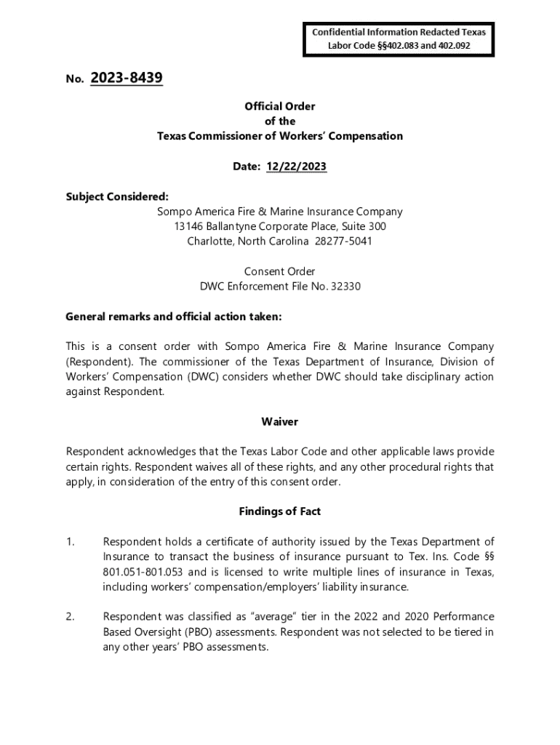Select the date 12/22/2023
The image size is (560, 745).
[x=296, y=167]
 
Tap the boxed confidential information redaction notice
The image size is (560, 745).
[x=399, y=39]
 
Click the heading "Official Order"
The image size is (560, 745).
[x=280, y=106]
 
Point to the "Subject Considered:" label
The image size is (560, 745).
[x=117, y=196]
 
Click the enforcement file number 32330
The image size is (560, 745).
[x=345, y=286]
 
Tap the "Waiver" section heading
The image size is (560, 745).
[x=280, y=422]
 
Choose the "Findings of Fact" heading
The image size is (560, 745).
[x=280, y=511]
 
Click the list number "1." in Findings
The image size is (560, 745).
[x=70, y=541]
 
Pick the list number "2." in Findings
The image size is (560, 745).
[x=70, y=616]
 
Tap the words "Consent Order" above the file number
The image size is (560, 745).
[x=280, y=271]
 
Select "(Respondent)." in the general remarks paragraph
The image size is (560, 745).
[x=99, y=362]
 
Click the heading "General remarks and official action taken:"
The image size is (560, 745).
[x=173, y=316]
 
